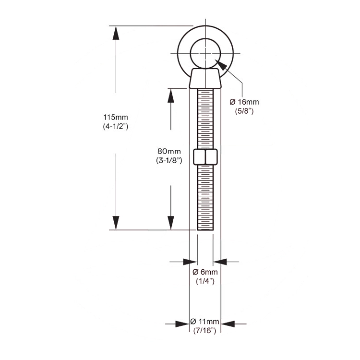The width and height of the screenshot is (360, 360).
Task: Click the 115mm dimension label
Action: tap(116, 117)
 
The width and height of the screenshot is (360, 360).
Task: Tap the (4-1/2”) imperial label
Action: tap(116, 127)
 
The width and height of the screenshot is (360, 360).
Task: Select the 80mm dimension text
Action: tap(169, 151)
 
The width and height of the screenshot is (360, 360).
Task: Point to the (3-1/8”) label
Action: tap(169, 160)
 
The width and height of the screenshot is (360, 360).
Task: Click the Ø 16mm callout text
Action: tap(244, 102)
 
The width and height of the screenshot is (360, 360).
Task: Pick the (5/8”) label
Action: tap(244, 111)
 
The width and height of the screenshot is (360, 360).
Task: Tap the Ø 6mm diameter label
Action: tap(205, 272)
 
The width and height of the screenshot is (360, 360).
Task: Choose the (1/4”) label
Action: tap(205, 281)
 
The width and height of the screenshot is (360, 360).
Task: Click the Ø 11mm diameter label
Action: tap(204, 322)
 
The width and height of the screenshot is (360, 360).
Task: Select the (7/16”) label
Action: tap(204, 331)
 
